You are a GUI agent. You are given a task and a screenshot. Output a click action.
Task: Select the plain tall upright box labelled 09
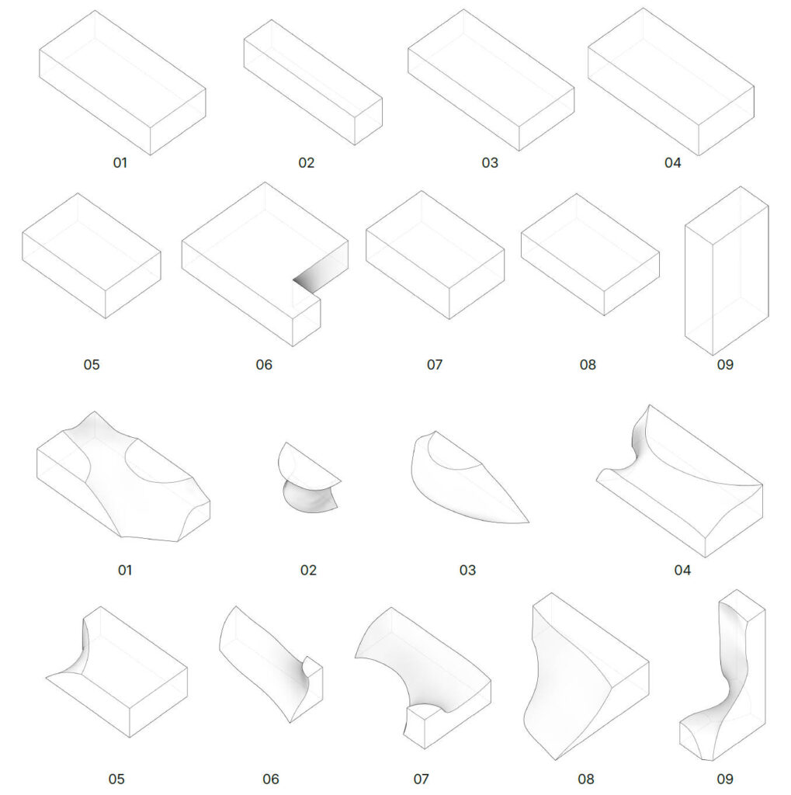tap(727, 271)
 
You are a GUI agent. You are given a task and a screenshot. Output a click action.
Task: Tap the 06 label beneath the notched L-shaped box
tap(264, 365)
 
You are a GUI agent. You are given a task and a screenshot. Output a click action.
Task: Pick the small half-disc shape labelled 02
tap(309, 477)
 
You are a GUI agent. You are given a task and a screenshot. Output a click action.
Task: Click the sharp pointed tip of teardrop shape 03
tap(529, 522)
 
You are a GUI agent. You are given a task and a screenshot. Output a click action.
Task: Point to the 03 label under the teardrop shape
tap(467, 571)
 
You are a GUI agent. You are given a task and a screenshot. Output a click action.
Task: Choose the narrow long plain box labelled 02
tap(313, 82)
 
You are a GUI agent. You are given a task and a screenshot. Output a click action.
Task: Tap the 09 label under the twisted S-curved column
tap(725, 779)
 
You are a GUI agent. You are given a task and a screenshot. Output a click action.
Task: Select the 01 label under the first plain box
tap(120, 163)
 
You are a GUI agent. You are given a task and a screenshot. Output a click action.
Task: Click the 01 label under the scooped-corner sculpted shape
tap(125, 571)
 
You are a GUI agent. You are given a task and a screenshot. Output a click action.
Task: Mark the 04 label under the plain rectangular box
tap(673, 163)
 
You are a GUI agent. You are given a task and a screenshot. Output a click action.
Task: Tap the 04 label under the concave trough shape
tap(682, 571)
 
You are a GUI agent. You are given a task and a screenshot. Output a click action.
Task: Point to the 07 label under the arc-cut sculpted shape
tap(421, 779)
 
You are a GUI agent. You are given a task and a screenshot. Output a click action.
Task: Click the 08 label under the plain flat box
tap(588, 365)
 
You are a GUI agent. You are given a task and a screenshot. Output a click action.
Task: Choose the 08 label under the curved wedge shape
tap(585, 779)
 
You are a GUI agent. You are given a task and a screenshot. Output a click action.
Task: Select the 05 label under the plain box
tap(92, 365)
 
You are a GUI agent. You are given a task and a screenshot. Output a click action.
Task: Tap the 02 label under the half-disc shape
tap(308, 571)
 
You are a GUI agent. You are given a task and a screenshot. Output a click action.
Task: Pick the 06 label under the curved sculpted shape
tap(271, 779)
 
